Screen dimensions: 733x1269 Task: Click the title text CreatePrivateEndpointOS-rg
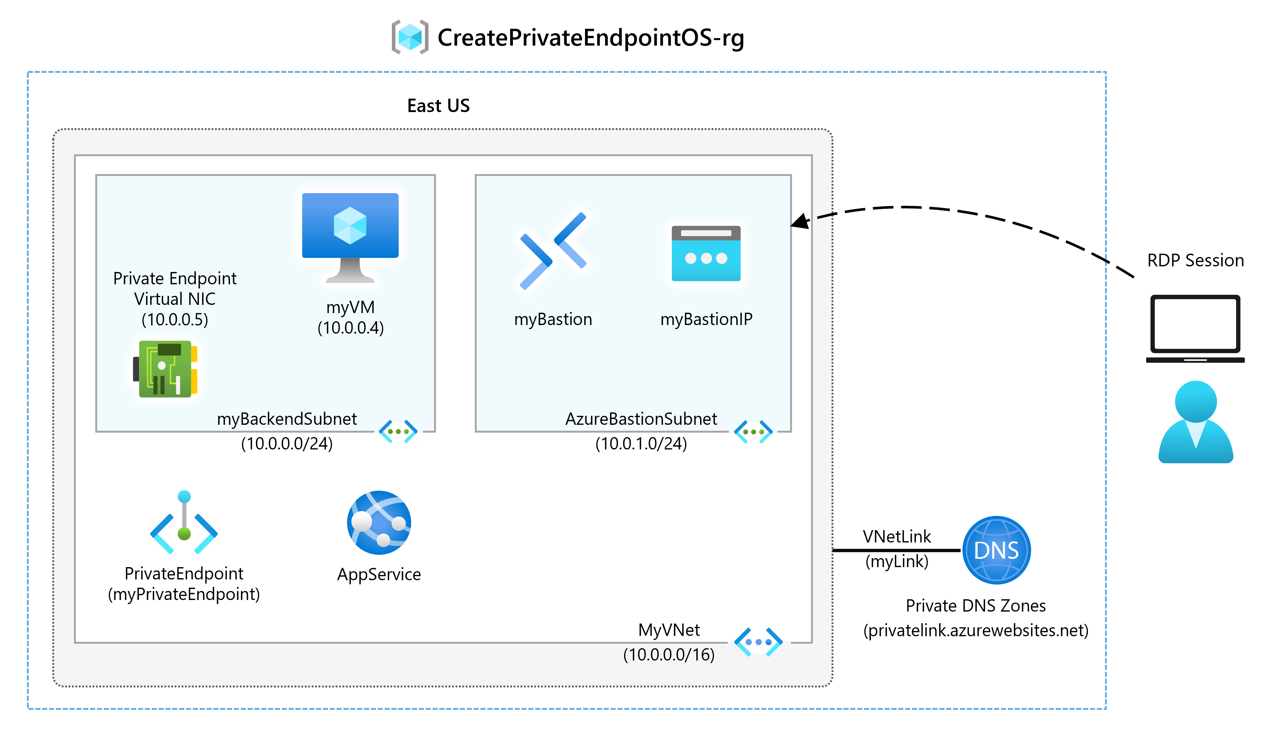[591, 38]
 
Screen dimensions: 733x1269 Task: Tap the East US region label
[438, 106]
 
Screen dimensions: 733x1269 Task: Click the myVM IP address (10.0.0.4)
[350, 328]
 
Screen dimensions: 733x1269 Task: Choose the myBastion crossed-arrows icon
[553, 250]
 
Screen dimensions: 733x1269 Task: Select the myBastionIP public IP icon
[706, 253]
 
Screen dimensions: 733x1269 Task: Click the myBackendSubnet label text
[287, 419]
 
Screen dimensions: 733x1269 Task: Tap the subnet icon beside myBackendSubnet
[398, 432]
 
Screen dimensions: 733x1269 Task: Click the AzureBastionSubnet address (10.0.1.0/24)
[641, 443]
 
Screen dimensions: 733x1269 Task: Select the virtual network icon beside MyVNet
[758, 641]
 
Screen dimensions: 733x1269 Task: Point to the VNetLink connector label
[897, 536]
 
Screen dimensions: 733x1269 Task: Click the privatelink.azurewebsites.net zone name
[975, 630]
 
